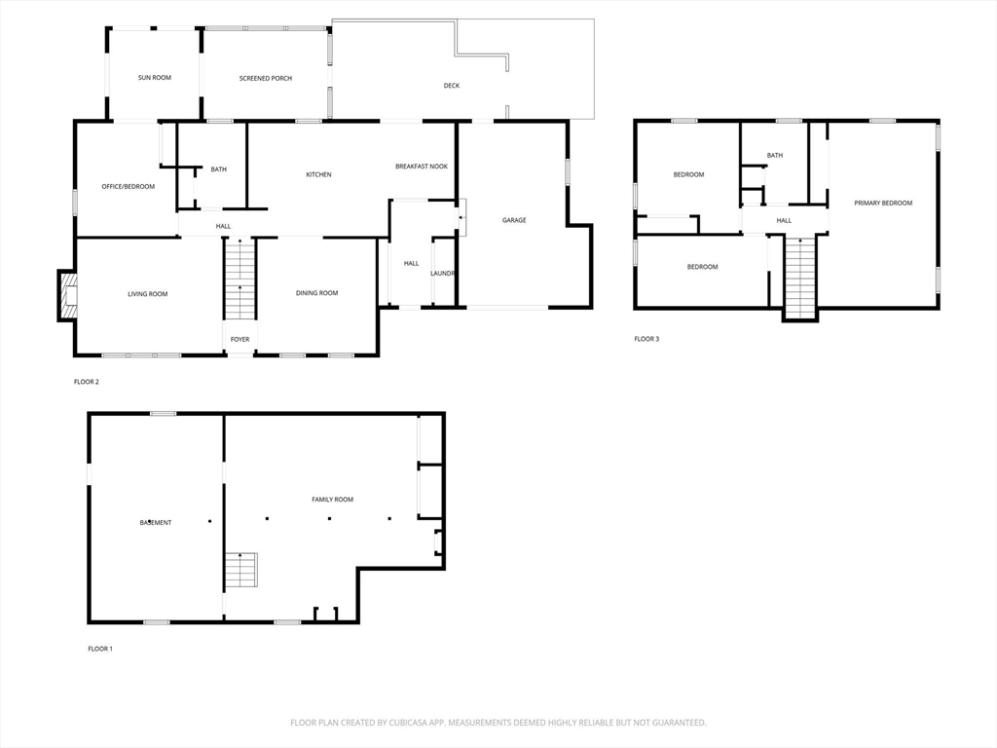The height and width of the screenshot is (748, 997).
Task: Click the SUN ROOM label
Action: point(155,78)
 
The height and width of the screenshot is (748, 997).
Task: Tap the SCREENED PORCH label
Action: point(266,78)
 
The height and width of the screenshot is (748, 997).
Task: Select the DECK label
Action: point(452,86)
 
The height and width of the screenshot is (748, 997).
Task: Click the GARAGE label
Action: point(514,220)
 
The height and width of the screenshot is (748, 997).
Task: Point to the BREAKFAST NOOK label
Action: point(422,166)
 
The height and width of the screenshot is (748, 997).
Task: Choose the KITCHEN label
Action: point(318,174)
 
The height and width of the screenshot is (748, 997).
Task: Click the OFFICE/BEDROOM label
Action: point(129,186)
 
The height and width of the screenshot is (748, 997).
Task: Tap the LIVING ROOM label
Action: point(148,294)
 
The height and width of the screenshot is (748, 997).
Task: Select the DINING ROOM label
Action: point(316,293)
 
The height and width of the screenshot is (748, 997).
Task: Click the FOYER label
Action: point(240,340)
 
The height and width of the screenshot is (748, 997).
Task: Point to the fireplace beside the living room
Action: point(67,295)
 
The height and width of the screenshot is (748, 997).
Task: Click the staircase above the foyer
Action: point(240,279)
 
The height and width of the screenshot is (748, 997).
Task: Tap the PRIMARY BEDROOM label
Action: point(883,203)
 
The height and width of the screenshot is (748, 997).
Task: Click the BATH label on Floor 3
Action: point(774,155)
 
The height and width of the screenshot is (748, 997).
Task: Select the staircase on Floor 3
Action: point(800,277)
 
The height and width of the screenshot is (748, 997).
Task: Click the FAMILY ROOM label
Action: point(333,500)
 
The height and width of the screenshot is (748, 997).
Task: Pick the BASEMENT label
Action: point(156,523)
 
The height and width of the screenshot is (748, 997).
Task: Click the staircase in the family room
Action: point(241,571)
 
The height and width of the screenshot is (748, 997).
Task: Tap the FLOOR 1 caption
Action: point(100,649)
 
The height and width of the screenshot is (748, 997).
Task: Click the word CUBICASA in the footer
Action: point(410,723)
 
